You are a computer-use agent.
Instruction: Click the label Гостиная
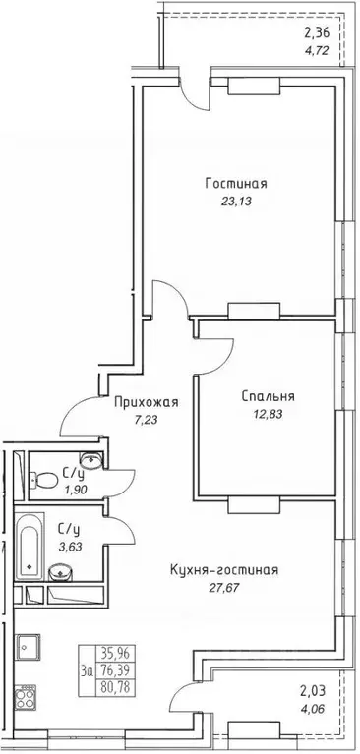[237, 183]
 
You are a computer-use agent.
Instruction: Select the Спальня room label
[269, 396]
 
